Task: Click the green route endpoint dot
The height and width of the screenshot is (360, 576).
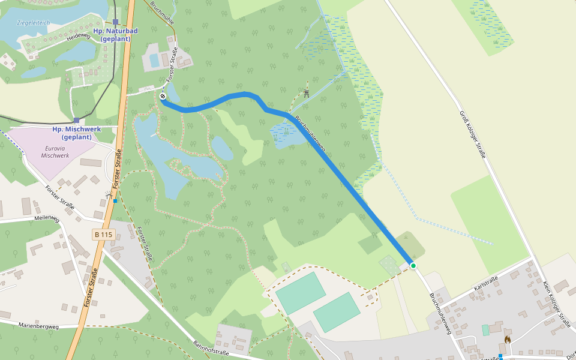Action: (x=413, y=265)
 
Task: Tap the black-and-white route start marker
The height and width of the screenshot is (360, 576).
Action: (x=163, y=95)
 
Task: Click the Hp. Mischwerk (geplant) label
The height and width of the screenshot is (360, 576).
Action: (x=76, y=133)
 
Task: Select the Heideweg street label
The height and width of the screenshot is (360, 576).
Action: (x=78, y=37)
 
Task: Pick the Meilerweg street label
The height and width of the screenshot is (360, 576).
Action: (x=47, y=218)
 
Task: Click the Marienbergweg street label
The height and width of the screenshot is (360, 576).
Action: (x=38, y=326)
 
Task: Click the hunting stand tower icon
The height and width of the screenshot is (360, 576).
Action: (x=306, y=92)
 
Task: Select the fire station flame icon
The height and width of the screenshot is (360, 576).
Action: (x=507, y=340)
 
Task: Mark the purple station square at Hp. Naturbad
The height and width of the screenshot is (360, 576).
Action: (x=116, y=22)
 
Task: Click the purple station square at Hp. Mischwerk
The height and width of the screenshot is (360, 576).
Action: (x=76, y=120)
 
